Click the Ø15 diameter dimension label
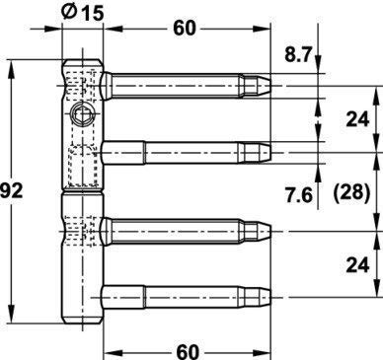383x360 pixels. click(83, 13)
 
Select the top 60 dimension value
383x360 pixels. click(185, 29)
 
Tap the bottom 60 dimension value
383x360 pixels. click(188, 352)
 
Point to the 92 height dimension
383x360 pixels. click(12, 191)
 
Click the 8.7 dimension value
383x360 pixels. click(298, 55)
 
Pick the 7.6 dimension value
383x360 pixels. click(299, 196)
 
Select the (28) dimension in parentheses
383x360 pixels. click(351, 192)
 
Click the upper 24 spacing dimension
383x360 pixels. click(357, 119)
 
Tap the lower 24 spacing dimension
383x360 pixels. click(357, 265)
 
